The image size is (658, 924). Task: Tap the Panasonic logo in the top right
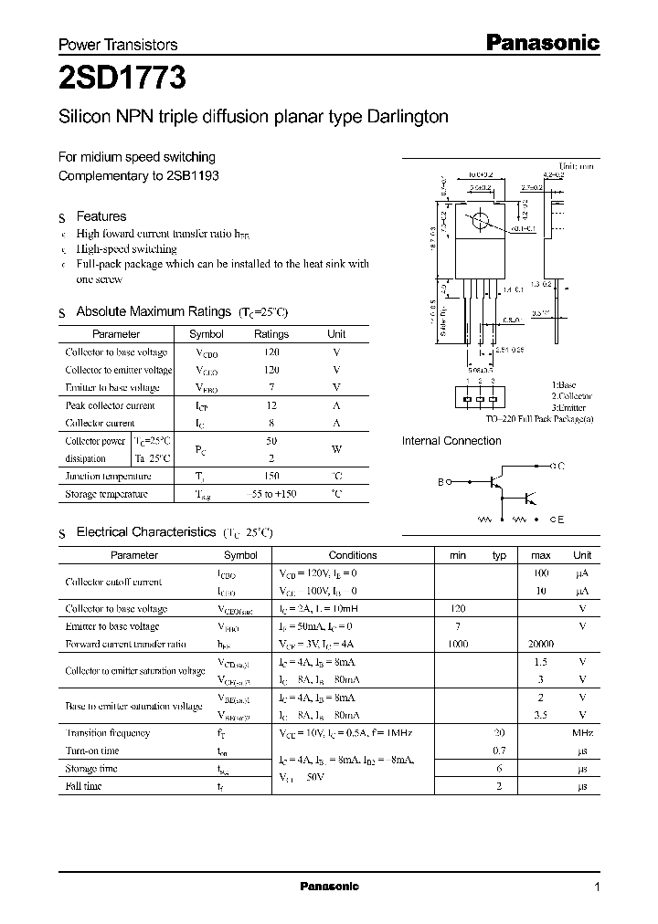(540, 43)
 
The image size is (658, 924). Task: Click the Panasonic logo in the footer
(330, 887)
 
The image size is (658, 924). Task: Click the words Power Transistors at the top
(118, 44)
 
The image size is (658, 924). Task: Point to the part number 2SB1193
(194, 174)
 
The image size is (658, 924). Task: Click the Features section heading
(101, 216)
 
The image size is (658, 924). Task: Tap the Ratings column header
(271, 334)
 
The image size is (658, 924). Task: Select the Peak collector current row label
(110, 405)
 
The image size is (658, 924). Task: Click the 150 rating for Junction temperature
(271, 476)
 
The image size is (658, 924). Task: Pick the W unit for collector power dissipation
(336, 449)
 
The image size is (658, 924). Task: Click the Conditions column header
(352, 555)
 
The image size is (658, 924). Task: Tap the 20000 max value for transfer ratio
(541, 644)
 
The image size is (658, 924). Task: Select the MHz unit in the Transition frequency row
(582, 733)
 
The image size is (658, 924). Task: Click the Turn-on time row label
(92, 751)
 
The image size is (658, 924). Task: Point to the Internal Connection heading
(451, 441)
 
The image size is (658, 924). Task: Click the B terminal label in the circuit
(440, 481)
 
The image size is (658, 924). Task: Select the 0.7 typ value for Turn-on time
(499, 751)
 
